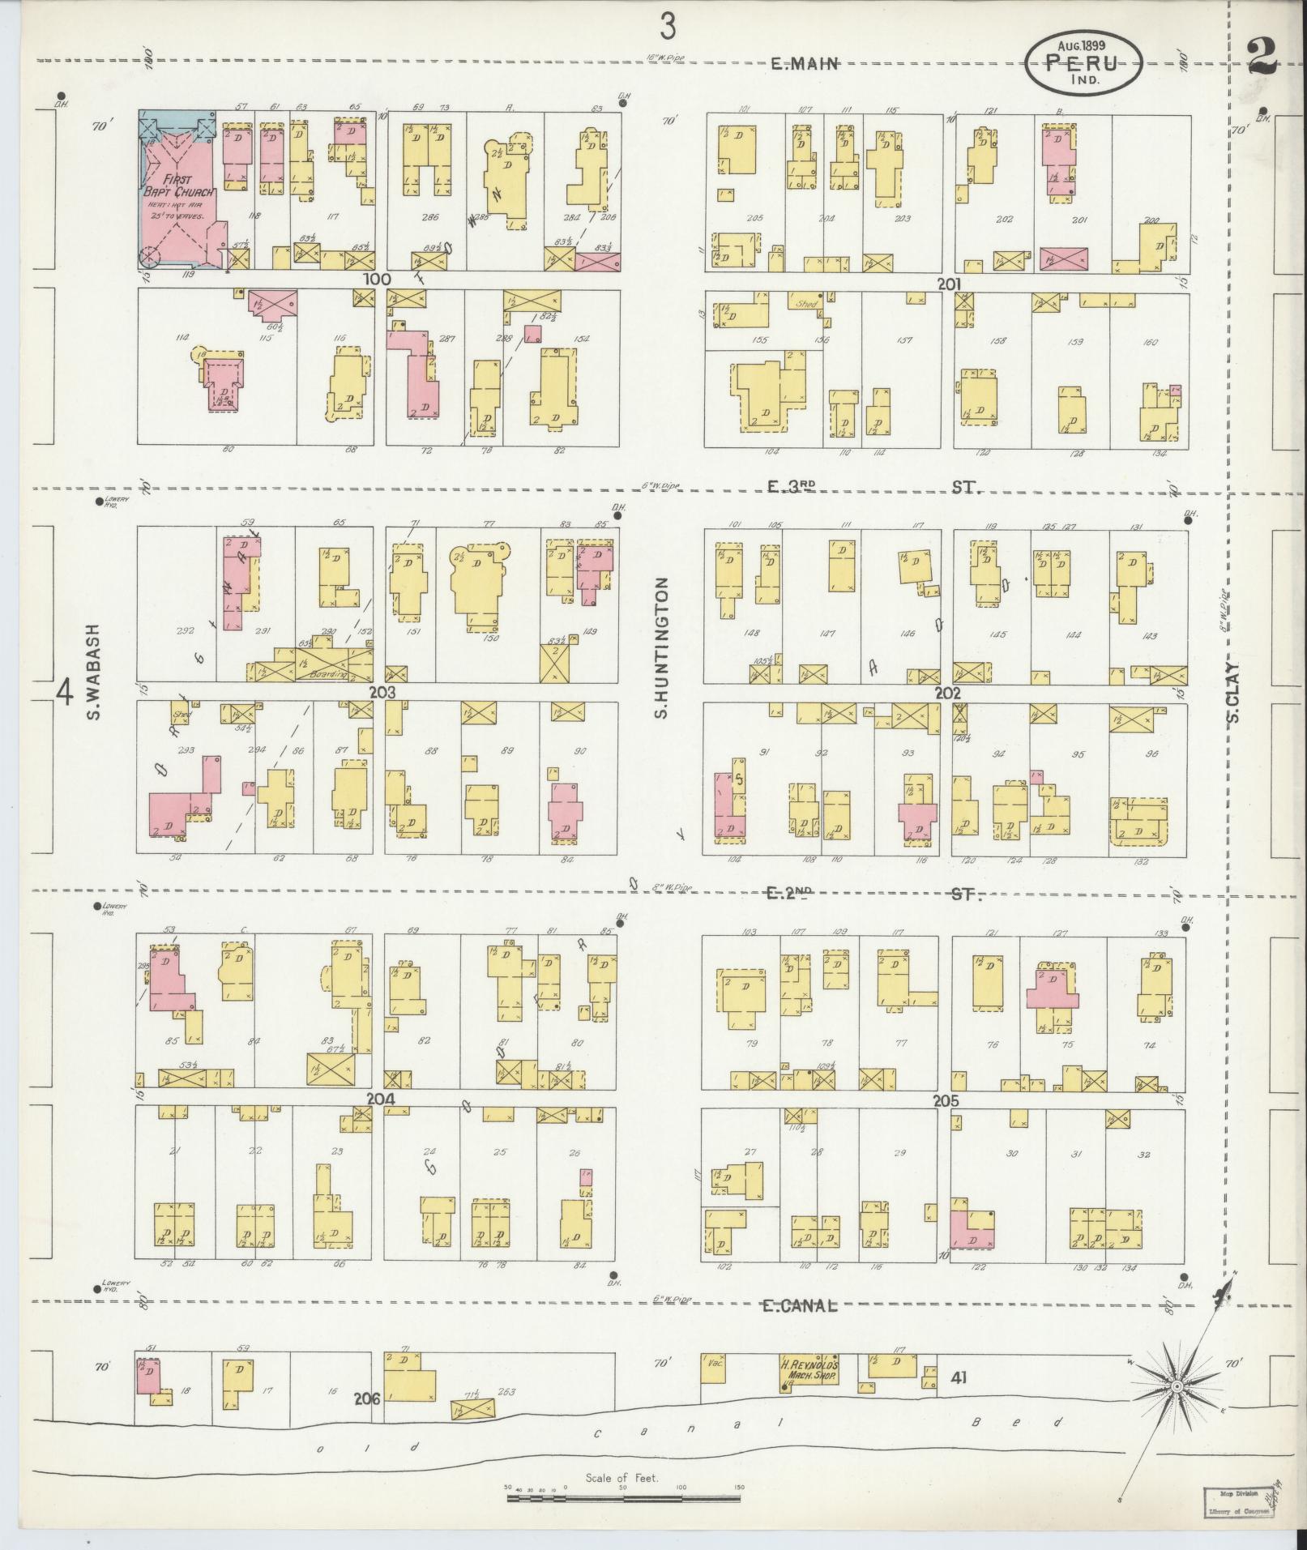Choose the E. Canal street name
(x=799, y=1304)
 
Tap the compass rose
(x=1175, y=1388)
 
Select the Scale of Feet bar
(x=625, y=1499)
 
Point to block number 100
(x=377, y=280)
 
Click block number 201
(x=948, y=284)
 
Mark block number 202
(x=946, y=694)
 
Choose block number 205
(x=946, y=1101)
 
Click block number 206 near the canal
(x=367, y=1398)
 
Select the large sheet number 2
(x=1262, y=57)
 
